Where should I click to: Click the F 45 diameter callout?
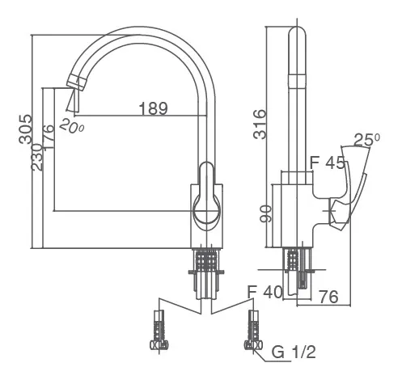328,162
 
